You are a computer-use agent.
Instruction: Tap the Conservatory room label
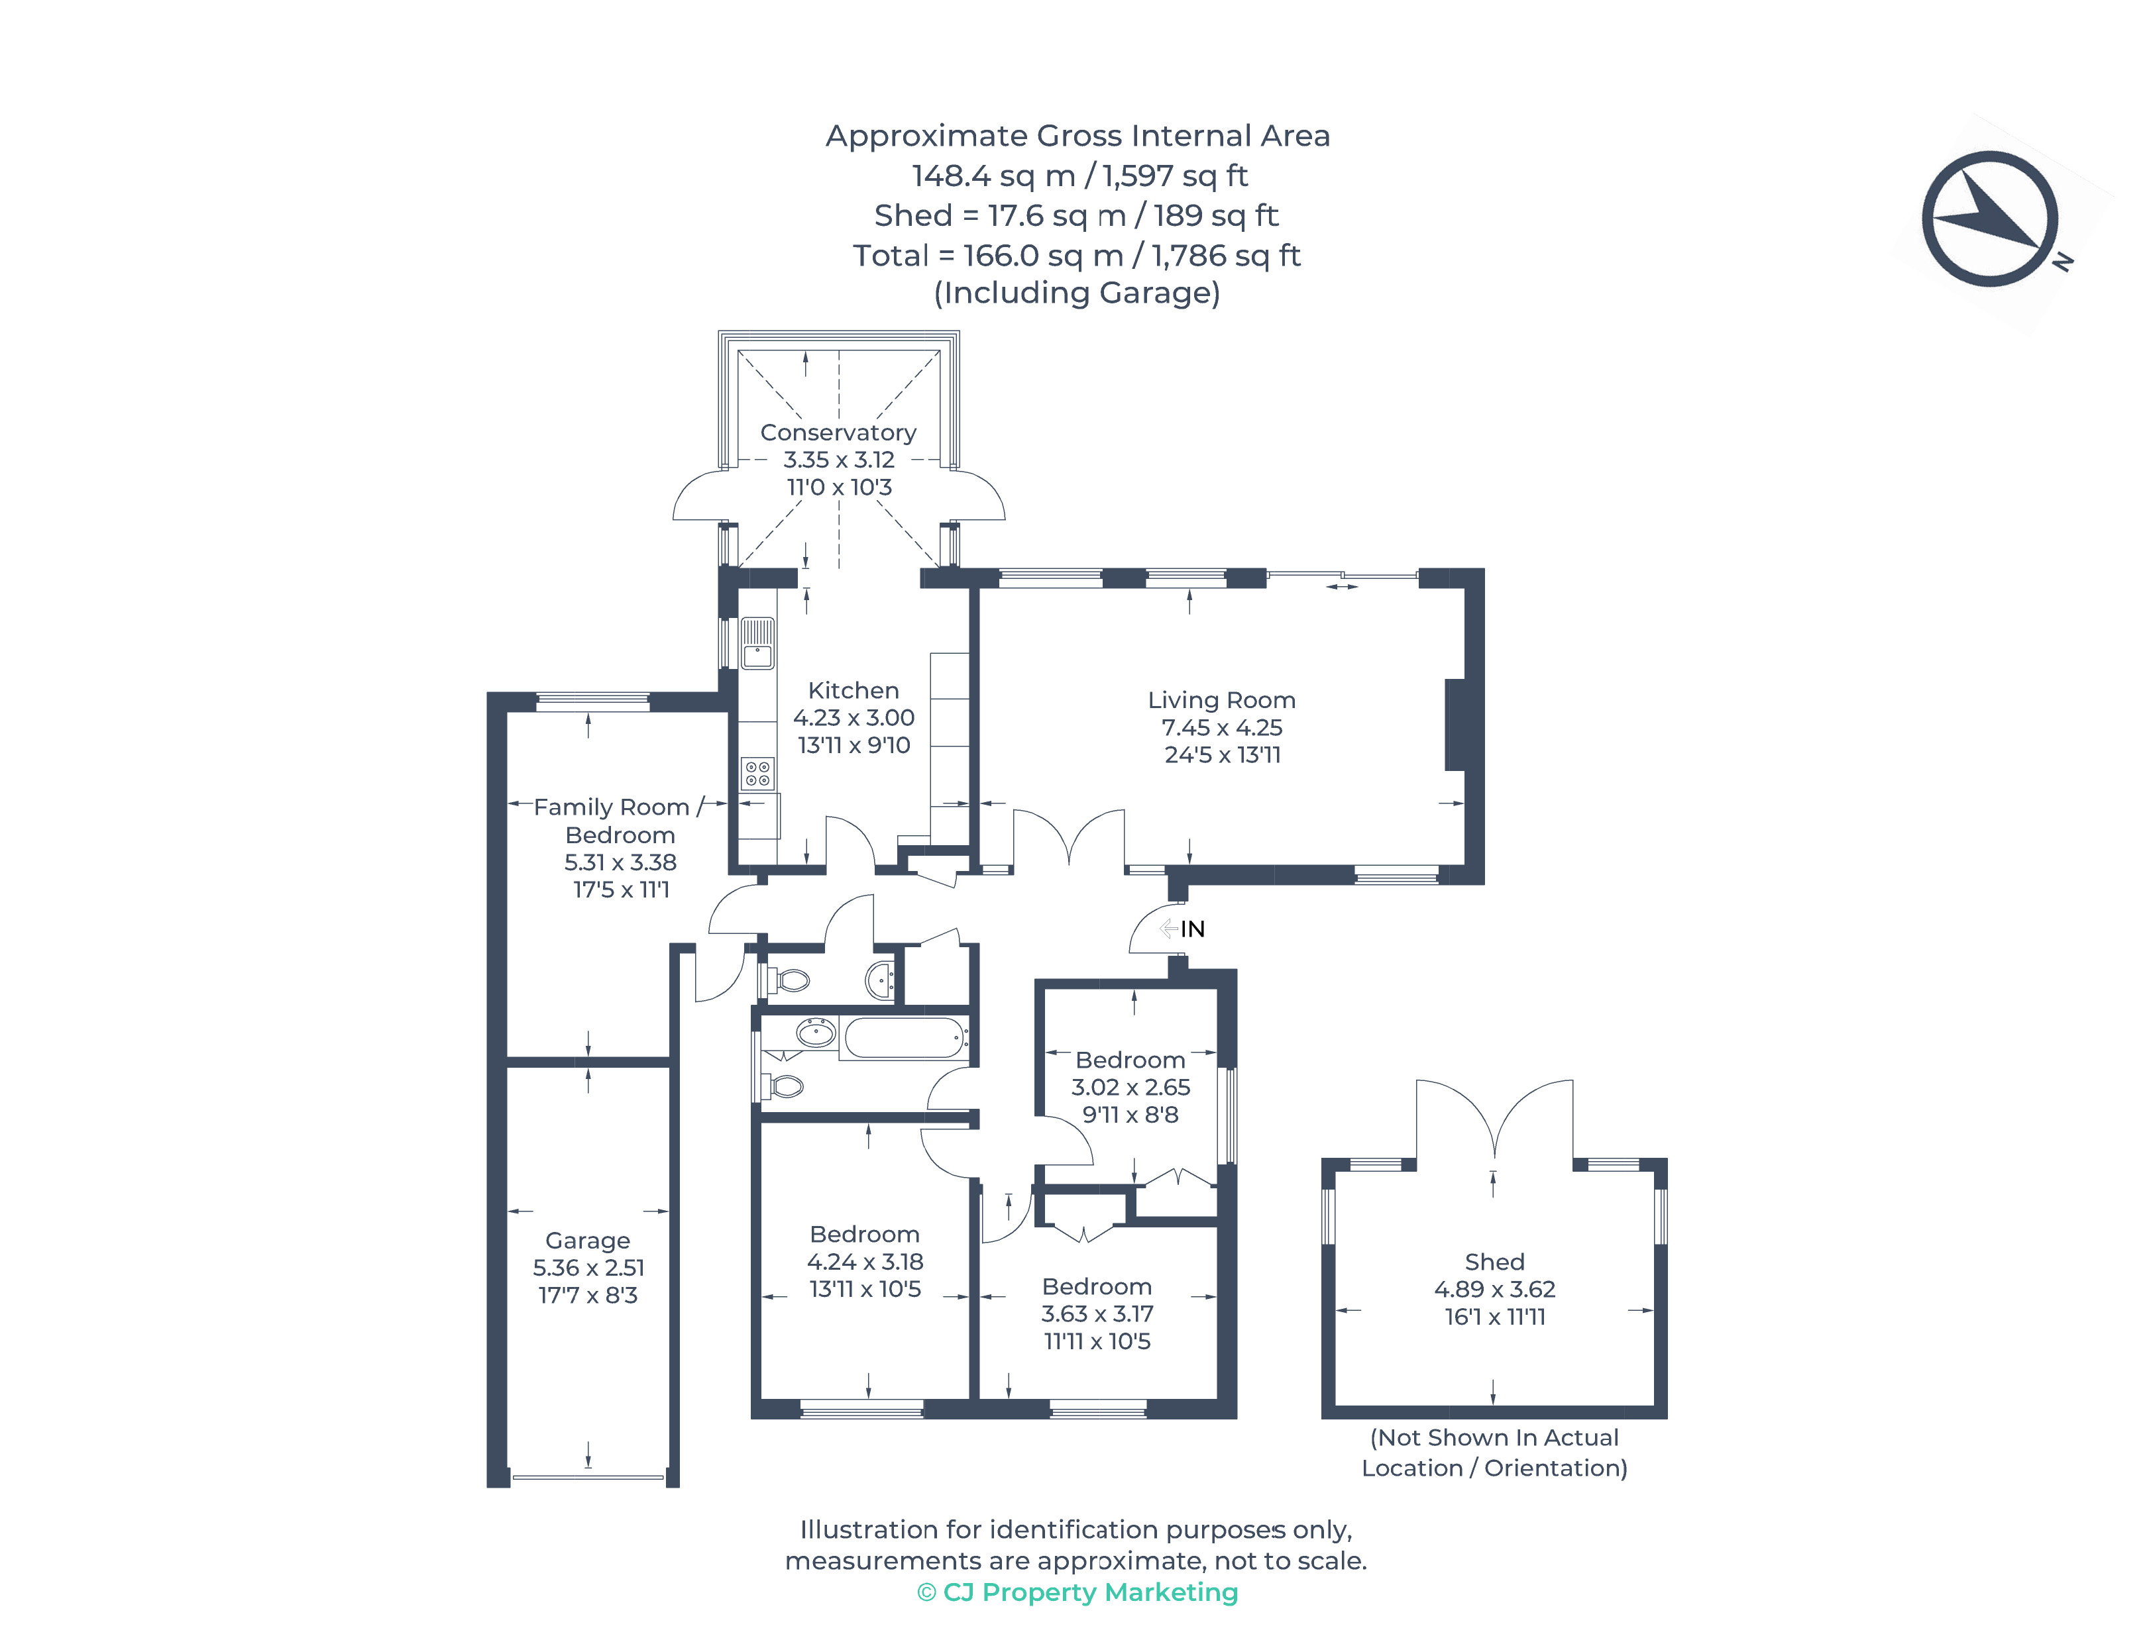point(838,432)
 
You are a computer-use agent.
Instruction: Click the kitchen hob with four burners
point(757,773)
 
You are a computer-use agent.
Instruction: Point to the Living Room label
point(1221,700)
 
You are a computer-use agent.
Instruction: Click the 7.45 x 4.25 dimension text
point(1221,727)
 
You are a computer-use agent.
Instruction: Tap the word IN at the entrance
point(1192,929)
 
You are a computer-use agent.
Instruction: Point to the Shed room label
point(1494,1262)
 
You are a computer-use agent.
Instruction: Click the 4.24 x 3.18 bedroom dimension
point(864,1262)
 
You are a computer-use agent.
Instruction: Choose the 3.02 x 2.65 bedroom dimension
point(1130,1087)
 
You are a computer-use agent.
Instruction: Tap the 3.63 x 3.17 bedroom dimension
point(1097,1313)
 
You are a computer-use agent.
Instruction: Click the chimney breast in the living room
point(1455,724)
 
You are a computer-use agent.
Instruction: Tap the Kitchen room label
point(853,690)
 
